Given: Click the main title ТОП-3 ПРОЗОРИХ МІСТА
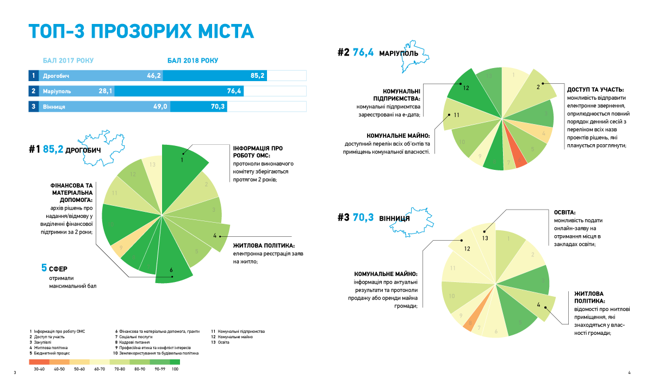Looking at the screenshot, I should click(141, 32).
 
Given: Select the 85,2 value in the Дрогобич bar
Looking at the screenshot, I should click(258, 76).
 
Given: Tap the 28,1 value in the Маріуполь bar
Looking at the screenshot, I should click(105, 91).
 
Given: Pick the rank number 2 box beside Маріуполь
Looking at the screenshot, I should click(34, 91).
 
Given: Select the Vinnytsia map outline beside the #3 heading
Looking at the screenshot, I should click(425, 219).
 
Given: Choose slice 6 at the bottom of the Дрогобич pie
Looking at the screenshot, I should click(172, 269).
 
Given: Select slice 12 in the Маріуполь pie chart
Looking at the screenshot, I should click(466, 88).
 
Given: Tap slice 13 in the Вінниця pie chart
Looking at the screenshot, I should click(486, 237).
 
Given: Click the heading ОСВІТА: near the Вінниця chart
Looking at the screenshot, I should click(564, 213).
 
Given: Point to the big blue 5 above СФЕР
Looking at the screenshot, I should click(45, 268).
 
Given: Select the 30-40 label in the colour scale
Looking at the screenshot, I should click(39, 370).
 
